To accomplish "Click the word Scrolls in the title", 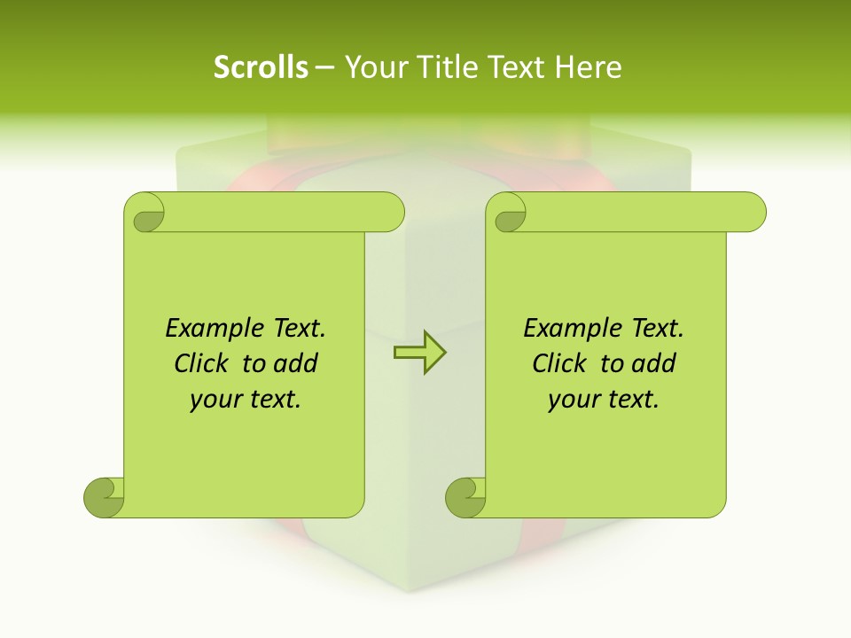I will (x=261, y=67).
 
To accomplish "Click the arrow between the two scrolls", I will (x=419, y=353).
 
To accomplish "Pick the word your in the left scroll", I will (x=213, y=400).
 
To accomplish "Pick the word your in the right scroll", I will (x=571, y=400).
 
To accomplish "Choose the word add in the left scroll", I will (x=298, y=363).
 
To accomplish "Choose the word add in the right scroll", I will (x=656, y=363).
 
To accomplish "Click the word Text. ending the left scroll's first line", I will (x=294, y=329).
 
